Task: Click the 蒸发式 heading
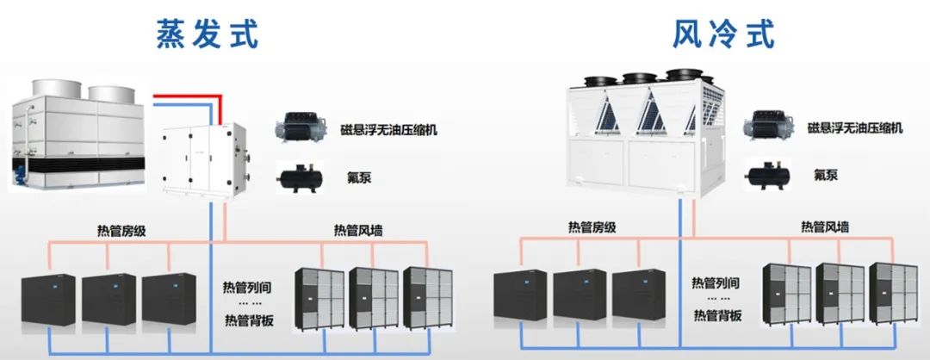click(207, 34)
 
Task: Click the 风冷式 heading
click(723, 34)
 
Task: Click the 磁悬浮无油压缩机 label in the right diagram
click(854, 128)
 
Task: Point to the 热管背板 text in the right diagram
click(716, 314)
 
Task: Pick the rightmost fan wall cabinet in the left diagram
click(427, 298)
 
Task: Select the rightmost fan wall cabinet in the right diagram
click(893, 294)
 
